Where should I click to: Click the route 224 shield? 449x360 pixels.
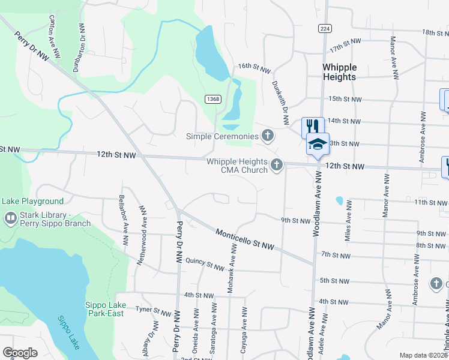(325, 28)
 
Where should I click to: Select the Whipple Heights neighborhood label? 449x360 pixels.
(339, 72)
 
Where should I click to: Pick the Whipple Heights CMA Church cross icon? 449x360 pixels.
(277, 164)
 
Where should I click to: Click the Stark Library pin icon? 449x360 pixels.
(10, 218)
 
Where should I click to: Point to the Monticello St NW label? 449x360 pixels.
(245, 239)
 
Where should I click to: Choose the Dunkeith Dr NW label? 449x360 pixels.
(280, 100)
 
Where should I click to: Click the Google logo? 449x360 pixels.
(20, 353)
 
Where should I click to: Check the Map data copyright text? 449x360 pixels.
(423, 355)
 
